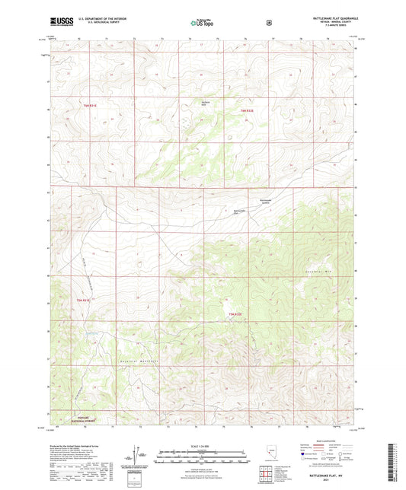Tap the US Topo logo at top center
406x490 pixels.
pyautogui.click(x=202, y=23)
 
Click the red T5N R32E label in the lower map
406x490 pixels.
pyautogui.click(x=235, y=313)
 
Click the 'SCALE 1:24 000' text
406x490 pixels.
pyautogui.click(x=202, y=446)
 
